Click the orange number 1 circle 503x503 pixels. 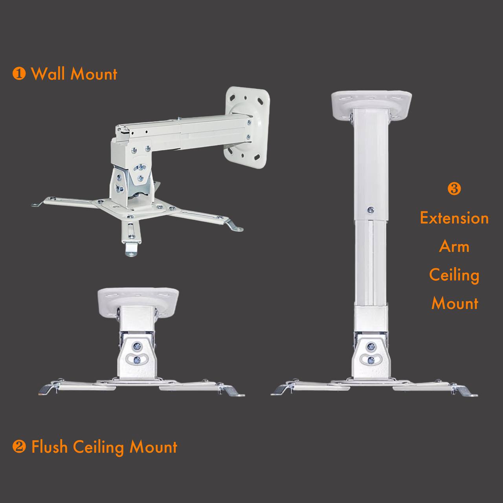click(x=19, y=74)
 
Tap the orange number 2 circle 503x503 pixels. click(x=19, y=446)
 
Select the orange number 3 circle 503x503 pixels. click(x=454, y=189)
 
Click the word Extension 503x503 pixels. click(x=454, y=218)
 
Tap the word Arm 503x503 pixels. click(x=454, y=246)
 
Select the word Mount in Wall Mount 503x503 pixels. click(x=94, y=74)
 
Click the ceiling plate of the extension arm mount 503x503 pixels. click(x=371, y=103)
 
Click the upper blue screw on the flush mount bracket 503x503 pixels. click(x=136, y=347)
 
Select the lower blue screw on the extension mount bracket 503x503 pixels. click(x=371, y=361)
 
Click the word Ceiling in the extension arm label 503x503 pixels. click(x=454, y=275)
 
